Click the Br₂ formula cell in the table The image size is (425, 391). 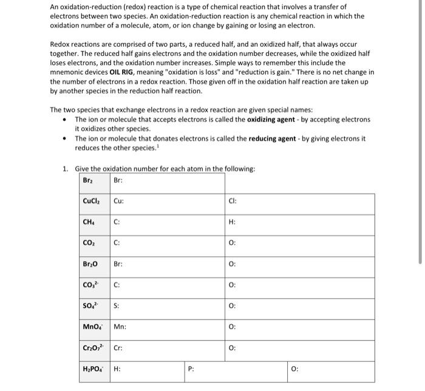click(x=88, y=181)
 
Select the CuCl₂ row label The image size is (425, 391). click(x=92, y=201)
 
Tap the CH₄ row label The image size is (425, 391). click(x=89, y=222)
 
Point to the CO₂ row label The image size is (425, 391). click(x=89, y=243)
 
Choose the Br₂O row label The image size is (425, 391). click(x=90, y=264)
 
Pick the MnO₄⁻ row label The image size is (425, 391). click(x=92, y=327)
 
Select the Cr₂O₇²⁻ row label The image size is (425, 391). click(x=94, y=348)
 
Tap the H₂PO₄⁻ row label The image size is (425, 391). click(x=93, y=369)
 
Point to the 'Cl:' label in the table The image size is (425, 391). click(x=233, y=202)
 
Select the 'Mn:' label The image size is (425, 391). click(x=120, y=327)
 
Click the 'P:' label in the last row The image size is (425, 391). click(x=191, y=369)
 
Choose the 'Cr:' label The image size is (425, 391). click(x=118, y=348)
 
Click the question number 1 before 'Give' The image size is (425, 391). click(x=66, y=168)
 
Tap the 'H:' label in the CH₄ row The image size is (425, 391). click(x=232, y=222)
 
